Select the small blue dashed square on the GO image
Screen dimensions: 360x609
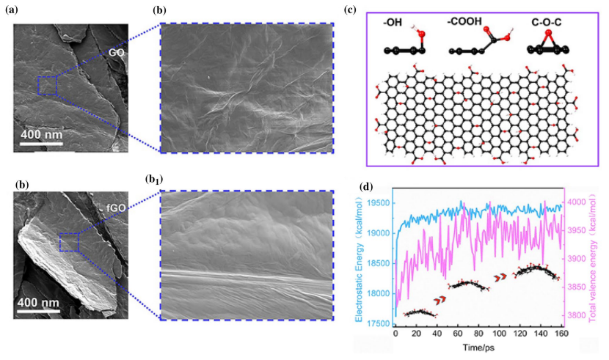(x=47, y=85)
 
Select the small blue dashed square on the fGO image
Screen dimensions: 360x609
(x=68, y=241)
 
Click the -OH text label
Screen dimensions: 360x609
(x=391, y=23)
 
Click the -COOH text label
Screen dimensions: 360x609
(x=464, y=23)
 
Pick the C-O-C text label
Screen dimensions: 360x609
(x=546, y=23)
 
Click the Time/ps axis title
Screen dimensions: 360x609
(x=479, y=346)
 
